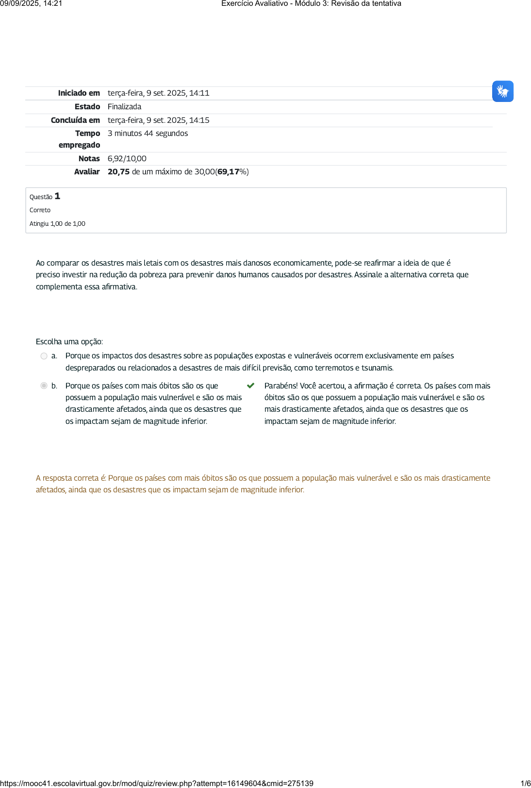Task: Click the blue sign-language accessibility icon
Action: pyautogui.click(x=502, y=91)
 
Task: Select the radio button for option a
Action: pyautogui.click(x=44, y=356)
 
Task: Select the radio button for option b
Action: pyautogui.click(x=44, y=386)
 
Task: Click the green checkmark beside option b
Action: pyautogui.click(x=250, y=386)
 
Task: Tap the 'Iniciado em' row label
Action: pyautogui.click(x=79, y=93)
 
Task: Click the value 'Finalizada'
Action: pyautogui.click(x=124, y=107)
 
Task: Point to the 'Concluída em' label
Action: pyautogui.click(x=75, y=120)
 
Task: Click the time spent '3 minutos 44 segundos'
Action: pyautogui.click(x=148, y=134)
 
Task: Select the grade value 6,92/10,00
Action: pyautogui.click(x=127, y=159)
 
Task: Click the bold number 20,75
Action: pyautogui.click(x=118, y=172)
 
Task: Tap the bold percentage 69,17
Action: pyautogui.click(x=228, y=172)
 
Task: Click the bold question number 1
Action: pyautogui.click(x=57, y=196)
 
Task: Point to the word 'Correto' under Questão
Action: pyautogui.click(x=40, y=210)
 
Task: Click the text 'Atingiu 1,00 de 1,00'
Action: pyautogui.click(x=57, y=224)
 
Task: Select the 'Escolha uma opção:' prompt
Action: pyautogui.click(x=69, y=342)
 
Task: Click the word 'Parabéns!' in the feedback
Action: pyautogui.click(x=281, y=386)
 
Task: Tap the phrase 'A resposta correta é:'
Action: pyautogui.click(x=71, y=478)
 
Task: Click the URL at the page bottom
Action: pyautogui.click(x=156, y=783)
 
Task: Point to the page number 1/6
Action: pyautogui.click(x=525, y=783)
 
